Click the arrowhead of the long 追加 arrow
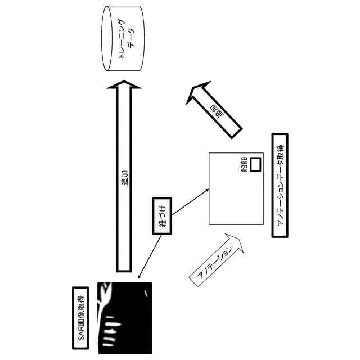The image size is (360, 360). pos(124,86)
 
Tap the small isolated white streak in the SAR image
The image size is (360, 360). pos(147,294)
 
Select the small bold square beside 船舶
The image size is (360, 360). pos(255,164)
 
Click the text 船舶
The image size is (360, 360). pos(245,172)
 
